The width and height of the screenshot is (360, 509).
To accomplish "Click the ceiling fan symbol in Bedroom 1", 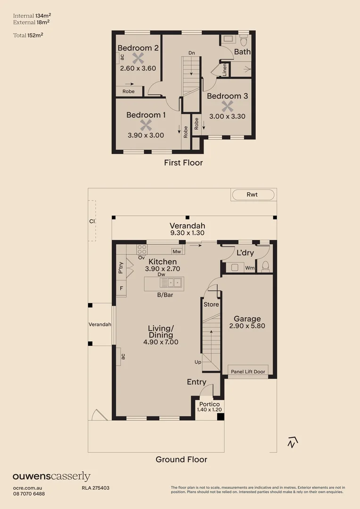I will tap(146, 125).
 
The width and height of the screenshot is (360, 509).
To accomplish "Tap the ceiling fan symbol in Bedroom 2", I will tap(138, 58).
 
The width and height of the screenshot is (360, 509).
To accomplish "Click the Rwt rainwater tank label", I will tap(253, 195).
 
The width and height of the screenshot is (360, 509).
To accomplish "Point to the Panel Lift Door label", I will tap(248, 371).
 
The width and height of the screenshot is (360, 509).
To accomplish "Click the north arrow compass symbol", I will tap(293, 442).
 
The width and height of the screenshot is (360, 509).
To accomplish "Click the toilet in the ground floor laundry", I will tap(265, 267).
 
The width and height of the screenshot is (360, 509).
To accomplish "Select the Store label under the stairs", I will tap(211, 304).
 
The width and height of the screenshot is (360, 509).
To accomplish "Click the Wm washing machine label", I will tap(250, 268).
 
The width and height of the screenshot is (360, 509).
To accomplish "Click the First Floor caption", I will tap(183, 163).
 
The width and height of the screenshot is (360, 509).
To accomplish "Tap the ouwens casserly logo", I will tap(51, 476).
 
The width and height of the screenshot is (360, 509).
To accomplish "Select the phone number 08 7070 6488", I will tap(29, 493).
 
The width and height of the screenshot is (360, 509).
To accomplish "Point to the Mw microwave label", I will tap(177, 252).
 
